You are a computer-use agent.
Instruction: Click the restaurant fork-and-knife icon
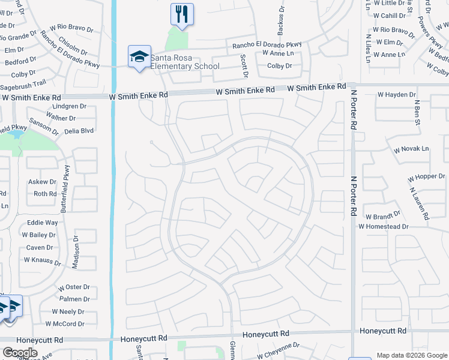click(182, 13)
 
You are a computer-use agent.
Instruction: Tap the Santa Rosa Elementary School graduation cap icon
click(139, 57)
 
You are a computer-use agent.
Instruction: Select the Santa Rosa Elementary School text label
click(185, 62)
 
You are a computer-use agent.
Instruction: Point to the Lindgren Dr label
click(70, 106)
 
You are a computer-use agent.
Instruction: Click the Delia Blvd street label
click(78, 130)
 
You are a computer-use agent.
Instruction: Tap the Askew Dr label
click(42, 181)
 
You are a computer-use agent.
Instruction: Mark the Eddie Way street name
click(43, 223)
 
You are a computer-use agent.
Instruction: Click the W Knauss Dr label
click(43, 260)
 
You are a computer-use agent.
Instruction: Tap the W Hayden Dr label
click(396, 95)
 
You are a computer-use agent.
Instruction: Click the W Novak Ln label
click(411, 149)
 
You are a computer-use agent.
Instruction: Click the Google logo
click(20, 353)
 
